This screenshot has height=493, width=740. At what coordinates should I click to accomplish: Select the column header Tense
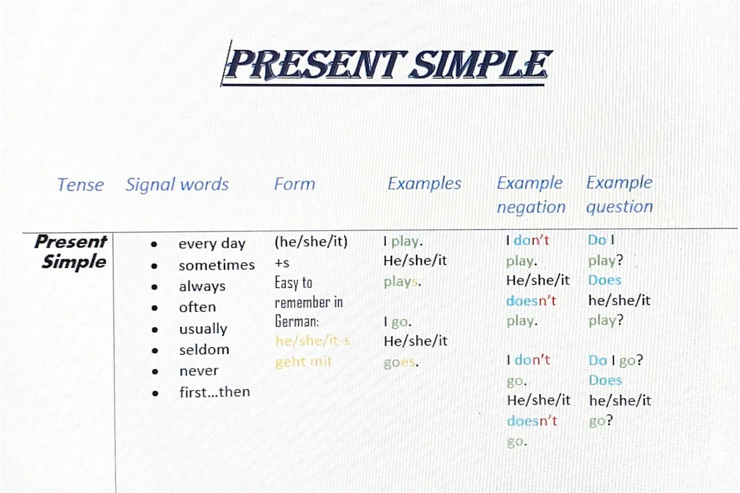click(80, 185)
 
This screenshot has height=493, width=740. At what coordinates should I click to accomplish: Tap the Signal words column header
click(177, 184)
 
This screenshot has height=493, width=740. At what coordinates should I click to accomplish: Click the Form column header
click(295, 184)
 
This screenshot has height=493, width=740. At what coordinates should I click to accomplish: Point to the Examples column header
click(424, 184)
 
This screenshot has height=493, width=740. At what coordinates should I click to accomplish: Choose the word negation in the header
click(531, 207)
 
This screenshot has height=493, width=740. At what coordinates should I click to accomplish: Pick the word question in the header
click(619, 207)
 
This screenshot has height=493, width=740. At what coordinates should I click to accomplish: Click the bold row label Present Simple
click(71, 252)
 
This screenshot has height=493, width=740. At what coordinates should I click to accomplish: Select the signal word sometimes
click(217, 265)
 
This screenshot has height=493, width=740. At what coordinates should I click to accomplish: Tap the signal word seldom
click(204, 350)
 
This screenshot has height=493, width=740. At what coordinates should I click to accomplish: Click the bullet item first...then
click(214, 392)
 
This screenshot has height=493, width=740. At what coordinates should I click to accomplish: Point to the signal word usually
click(203, 329)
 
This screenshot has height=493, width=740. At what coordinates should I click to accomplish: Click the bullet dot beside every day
click(154, 245)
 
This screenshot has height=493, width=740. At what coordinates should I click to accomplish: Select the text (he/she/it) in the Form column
click(311, 241)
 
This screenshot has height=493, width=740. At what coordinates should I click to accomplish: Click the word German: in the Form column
click(296, 322)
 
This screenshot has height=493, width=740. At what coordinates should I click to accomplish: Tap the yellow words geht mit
click(303, 362)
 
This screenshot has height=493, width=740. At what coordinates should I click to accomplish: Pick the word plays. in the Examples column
click(402, 282)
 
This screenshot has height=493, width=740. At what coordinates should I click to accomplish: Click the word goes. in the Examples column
click(401, 362)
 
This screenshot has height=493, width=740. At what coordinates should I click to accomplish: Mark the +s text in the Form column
click(282, 263)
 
